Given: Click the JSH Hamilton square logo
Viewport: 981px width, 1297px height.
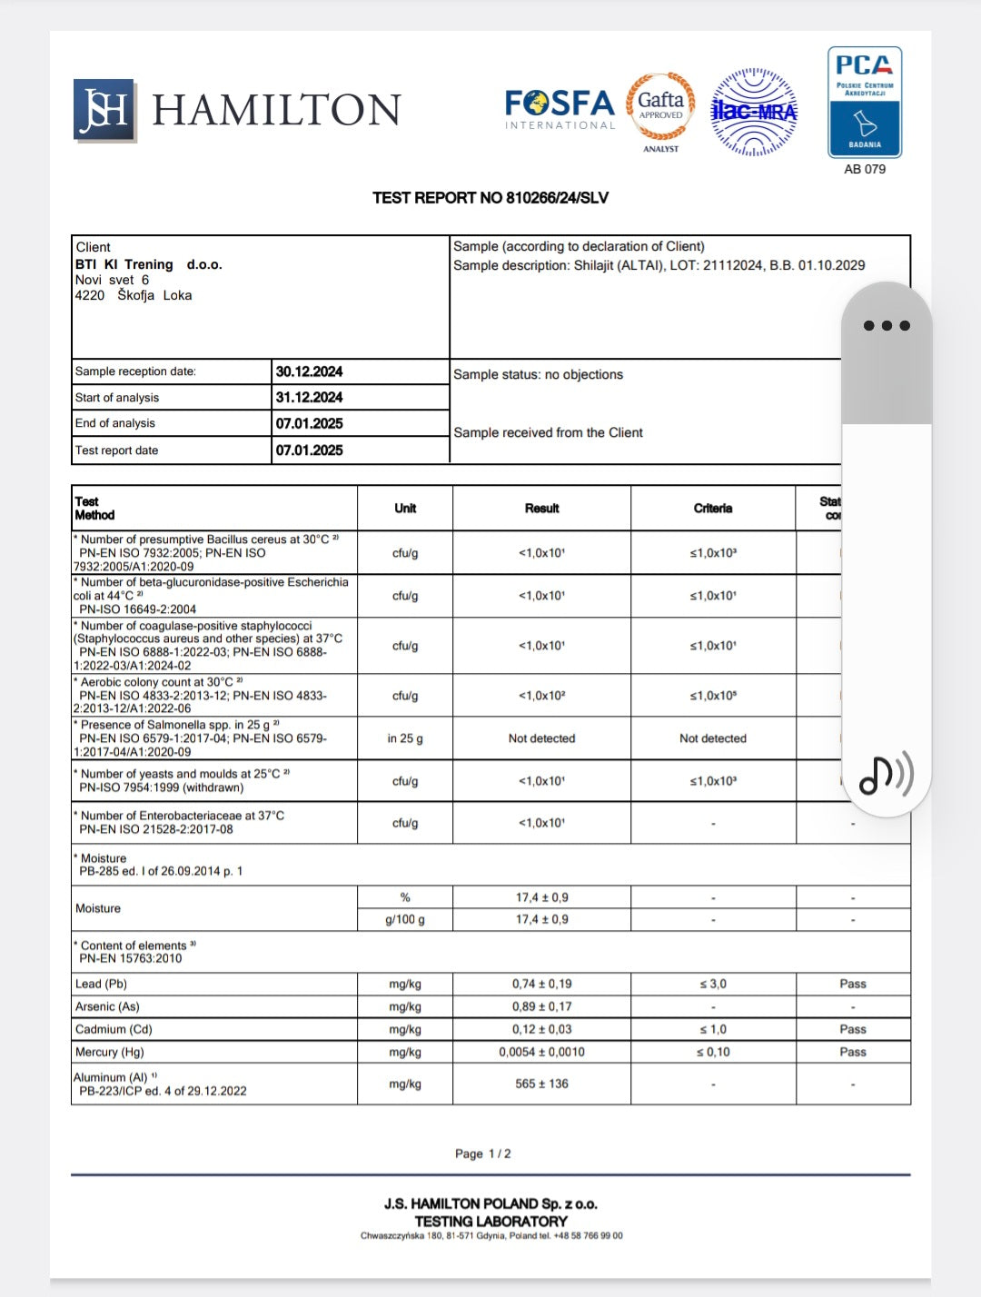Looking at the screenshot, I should coord(104,110).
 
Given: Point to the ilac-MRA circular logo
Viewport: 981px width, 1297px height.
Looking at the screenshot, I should coord(754,112).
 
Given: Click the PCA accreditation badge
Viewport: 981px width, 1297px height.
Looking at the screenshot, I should coord(865,103).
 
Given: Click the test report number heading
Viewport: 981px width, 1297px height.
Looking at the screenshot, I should coord(490,198).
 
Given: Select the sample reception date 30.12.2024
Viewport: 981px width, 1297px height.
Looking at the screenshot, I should coord(310,371).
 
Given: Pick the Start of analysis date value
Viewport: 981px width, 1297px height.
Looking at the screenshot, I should coord(310,398).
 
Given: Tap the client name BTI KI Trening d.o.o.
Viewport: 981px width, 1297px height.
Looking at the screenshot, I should coord(148,264).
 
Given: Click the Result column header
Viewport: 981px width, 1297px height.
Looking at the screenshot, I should coord(541,509).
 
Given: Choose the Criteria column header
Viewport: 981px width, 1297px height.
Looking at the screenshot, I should coord(713,509).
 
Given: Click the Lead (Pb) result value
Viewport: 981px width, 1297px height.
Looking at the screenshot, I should coord(541,984).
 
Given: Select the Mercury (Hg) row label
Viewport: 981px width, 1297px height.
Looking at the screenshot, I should coord(109,1052).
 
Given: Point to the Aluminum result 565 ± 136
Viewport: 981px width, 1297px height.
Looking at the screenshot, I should coord(541,1084).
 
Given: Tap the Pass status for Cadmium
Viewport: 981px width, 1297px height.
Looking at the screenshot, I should coord(853,1029).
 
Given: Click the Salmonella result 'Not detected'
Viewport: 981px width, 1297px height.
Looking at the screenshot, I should coord(541,738).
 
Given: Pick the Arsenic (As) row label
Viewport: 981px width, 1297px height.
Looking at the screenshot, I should coord(107,1006).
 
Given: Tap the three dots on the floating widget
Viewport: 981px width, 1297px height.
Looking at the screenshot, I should coord(887,325).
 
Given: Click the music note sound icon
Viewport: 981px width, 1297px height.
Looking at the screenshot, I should coord(886,775).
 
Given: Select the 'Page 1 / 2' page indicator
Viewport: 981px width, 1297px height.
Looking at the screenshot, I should coord(482,1153).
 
